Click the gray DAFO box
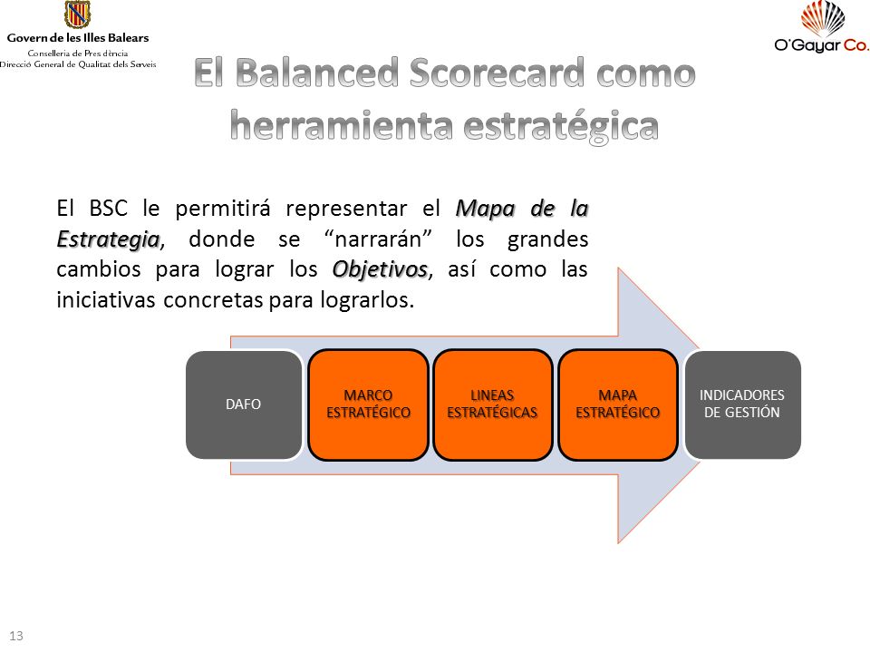[244, 404]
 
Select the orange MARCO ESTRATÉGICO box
[369, 404]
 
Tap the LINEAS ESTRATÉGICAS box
[493, 404]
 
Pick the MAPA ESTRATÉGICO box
[618, 404]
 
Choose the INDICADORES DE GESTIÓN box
[742, 404]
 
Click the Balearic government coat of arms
[77, 15]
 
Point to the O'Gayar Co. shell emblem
[823, 18]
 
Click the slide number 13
[16, 636]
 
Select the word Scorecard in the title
[498, 73]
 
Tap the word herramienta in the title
[342, 125]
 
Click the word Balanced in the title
[317, 73]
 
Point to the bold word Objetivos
[380, 269]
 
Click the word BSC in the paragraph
[108, 209]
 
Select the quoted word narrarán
[378, 239]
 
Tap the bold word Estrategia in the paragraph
[108, 239]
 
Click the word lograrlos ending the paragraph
[366, 300]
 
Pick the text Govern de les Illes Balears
[78, 38]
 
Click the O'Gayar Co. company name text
[822, 45]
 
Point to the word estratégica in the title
[561, 126]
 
